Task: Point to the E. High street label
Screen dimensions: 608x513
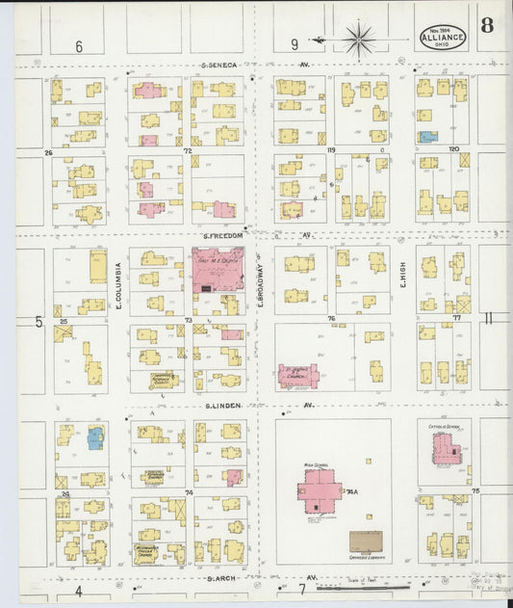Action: [x=401, y=279]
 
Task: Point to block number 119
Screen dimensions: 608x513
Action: [x=330, y=151]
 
